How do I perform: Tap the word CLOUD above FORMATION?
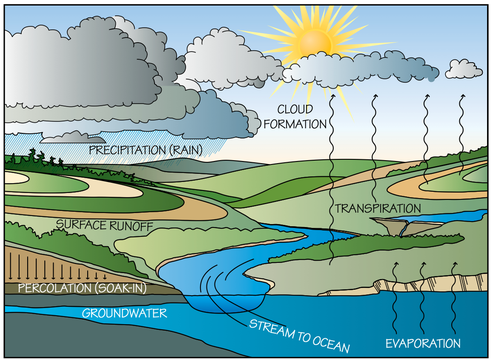point(295,109)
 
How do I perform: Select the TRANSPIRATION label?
point(378,209)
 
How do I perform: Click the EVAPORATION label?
point(423,343)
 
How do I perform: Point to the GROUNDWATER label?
point(124,314)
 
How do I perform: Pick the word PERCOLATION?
point(54,288)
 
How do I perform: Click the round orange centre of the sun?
point(315,43)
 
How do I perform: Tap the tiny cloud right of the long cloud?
point(464,69)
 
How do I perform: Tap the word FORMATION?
point(295,124)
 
